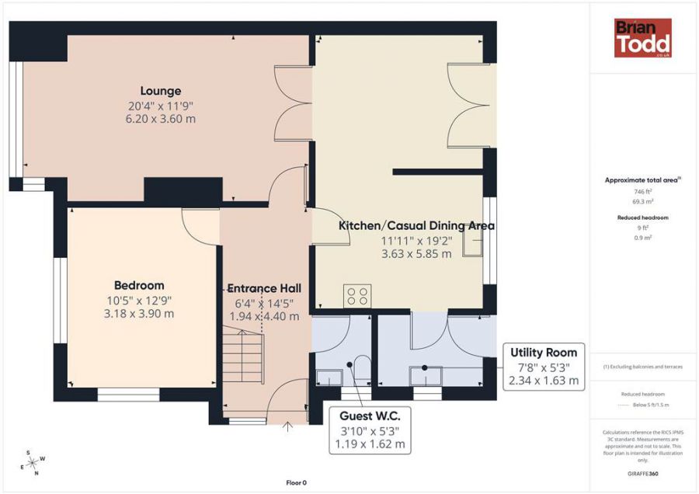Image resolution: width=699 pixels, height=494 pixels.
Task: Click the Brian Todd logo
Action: [x=642, y=38]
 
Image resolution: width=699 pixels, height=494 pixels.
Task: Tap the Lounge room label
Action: [x=161, y=91]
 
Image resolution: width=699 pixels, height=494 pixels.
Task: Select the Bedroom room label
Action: [x=139, y=285]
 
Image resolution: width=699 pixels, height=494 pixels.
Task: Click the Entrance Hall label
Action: [x=265, y=288]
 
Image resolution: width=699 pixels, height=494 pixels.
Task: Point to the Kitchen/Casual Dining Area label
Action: [x=416, y=226]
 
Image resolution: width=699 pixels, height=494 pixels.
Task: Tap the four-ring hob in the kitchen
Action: [x=357, y=296]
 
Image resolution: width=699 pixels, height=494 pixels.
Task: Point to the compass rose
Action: [x=33, y=463]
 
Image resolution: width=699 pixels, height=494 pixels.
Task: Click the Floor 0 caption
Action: [x=296, y=482]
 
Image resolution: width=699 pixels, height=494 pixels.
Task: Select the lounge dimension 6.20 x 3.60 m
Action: [x=160, y=119]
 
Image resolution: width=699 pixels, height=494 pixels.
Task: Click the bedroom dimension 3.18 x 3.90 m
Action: [x=139, y=314]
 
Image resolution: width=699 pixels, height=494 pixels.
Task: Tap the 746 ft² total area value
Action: [x=642, y=191]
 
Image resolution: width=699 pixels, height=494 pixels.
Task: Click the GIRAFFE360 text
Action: [x=642, y=473]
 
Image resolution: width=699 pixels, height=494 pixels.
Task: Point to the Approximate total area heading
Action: [x=642, y=180]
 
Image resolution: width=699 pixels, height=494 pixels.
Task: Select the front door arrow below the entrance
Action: [x=287, y=426]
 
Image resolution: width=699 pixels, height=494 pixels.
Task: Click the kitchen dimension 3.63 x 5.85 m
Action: [x=416, y=253]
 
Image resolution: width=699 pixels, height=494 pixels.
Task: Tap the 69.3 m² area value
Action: [x=642, y=200]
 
